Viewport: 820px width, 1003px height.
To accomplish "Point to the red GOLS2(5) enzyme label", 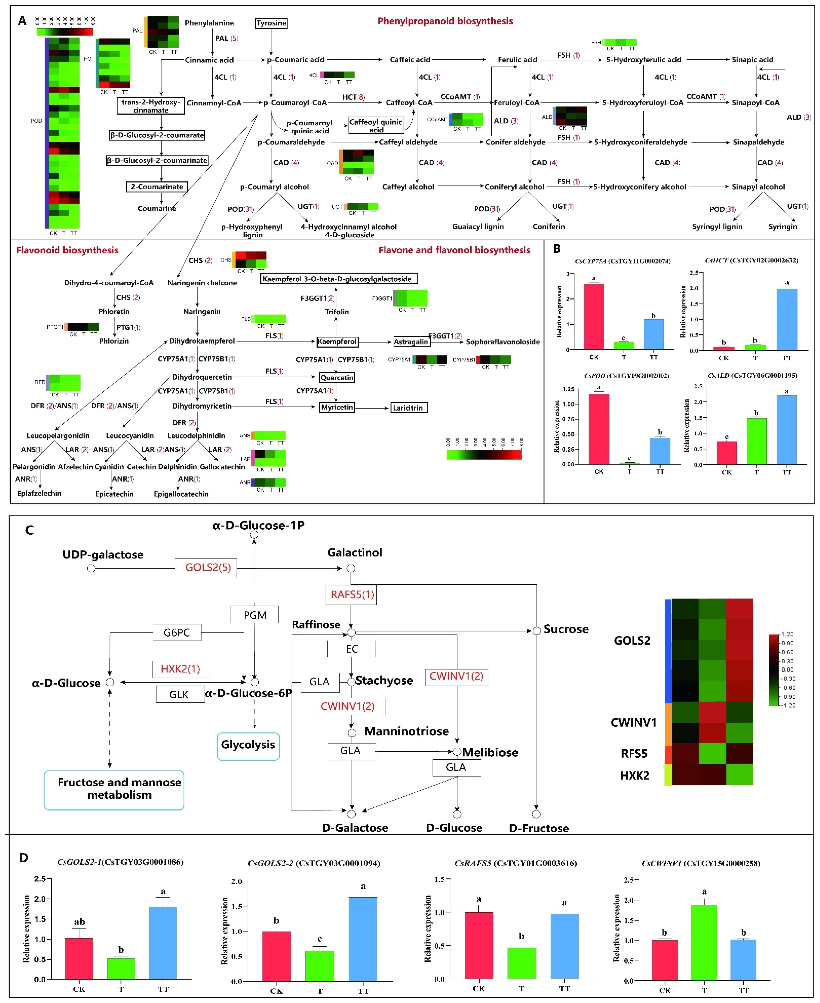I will coord(208,567).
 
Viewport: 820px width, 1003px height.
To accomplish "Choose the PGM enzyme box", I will coord(255,615).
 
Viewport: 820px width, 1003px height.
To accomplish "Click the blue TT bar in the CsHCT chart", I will coord(786,319).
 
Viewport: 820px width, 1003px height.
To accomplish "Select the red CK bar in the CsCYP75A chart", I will coord(594,317).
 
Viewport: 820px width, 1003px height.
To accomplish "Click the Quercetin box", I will coord(337,377).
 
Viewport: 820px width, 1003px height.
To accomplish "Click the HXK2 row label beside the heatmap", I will coord(634,776).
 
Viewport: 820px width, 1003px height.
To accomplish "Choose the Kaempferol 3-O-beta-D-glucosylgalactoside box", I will coord(339,279).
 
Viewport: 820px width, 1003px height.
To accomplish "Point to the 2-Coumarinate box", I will coord(157,187).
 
